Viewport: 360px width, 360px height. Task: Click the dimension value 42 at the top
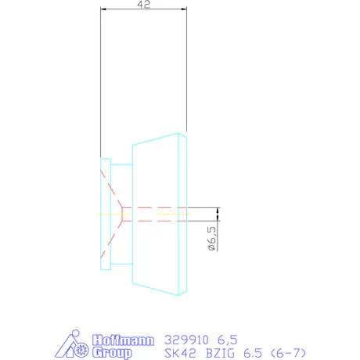144,5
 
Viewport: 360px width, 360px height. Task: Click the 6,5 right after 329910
225,340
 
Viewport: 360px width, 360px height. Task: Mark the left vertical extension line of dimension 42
101,78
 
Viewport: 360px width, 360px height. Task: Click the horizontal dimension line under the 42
144,10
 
